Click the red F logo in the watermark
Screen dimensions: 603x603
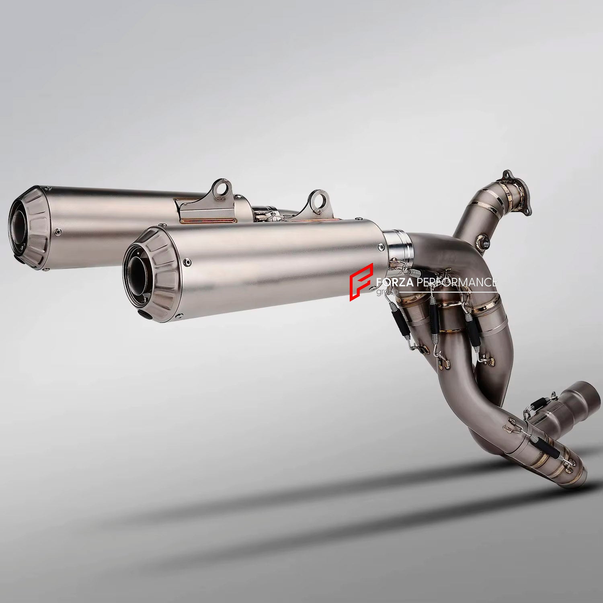point(361,282)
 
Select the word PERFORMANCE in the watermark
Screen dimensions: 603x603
point(456,283)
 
